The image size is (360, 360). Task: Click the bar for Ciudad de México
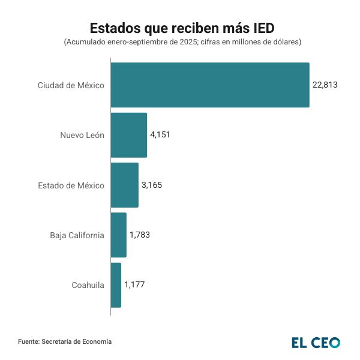click(210, 85)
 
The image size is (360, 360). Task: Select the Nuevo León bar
click(129, 135)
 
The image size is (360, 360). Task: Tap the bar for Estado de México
click(125, 185)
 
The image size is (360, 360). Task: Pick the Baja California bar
click(119, 235)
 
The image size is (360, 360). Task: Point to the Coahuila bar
click(116, 285)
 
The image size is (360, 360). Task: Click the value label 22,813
click(325, 85)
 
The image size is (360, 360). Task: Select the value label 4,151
click(160, 135)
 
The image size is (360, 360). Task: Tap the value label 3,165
click(152, 185)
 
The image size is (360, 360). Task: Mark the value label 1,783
click(140, 235)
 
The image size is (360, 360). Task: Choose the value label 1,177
click(134, 285)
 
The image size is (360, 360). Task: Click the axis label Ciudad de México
click(71, 85)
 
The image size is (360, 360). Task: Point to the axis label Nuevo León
click(82, 135)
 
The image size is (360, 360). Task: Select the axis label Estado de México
click(71, 185)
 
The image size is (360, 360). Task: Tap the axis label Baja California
click(77, 235)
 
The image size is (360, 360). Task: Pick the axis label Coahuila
click(88, 285)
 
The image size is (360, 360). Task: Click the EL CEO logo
click(316, 343)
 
